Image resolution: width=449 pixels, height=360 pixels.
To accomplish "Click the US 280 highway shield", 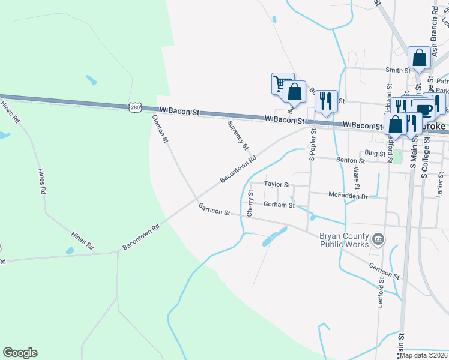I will pyautogui.click(x=134, y=107).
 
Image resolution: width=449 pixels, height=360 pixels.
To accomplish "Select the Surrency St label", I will pyautogui.click(x=238, y=134).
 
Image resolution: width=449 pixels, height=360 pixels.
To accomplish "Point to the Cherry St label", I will pyautogui.click(x=251, y=203).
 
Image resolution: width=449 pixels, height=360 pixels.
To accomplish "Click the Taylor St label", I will pyautogui.click(x=277, y=185).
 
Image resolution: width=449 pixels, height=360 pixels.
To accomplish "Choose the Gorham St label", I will pyautogui.click(x=279, y=205).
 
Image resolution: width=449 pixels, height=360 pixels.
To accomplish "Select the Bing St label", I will pyautogui.click(x=375, y=154).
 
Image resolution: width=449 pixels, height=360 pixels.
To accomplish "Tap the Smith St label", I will pyautogui.click(x=398, y=70).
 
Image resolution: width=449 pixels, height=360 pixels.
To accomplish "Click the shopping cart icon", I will pyautogui.click(x=281, y=83).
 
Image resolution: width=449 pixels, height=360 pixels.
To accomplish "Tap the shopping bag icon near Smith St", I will pyautogui.click(x=420, y=58).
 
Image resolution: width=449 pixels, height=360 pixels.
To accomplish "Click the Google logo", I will pyautogui.click(x=20, y=353).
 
